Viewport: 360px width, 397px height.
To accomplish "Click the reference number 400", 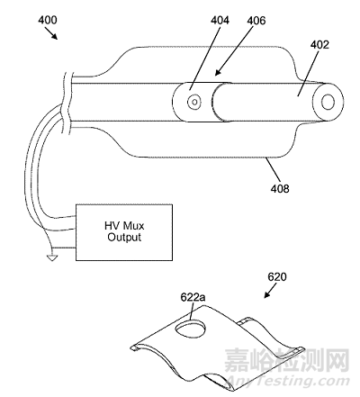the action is (48, 20).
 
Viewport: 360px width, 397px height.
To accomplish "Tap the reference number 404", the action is (220, 21).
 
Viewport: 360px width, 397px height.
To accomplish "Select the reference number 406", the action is (256, 21).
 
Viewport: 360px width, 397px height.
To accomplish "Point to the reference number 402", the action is (319, 45).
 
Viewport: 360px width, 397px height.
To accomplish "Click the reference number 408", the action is (280, 188).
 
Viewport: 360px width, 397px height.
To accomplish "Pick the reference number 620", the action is (277, 276).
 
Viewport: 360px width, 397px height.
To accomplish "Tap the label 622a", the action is (193, 297).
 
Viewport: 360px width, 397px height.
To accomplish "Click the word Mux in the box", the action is (134, 226).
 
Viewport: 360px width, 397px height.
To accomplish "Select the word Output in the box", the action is (124, 237).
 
